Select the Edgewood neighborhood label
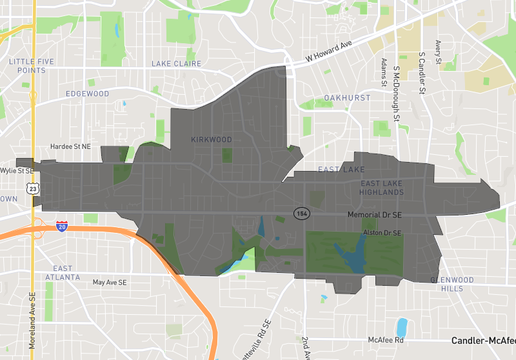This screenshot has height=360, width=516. coord(85,93)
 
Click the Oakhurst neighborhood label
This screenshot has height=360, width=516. coord(347,97)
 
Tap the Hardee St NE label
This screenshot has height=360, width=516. coord(70,146)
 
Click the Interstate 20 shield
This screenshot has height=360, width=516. coord(63,227)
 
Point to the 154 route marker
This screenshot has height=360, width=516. coord(300,213)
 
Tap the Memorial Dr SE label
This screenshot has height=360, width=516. coord(379,214)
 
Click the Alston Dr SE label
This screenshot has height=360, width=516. coord(381,233)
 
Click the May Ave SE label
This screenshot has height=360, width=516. coord(111,283)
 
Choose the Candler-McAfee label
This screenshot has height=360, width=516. coord(482,340)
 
